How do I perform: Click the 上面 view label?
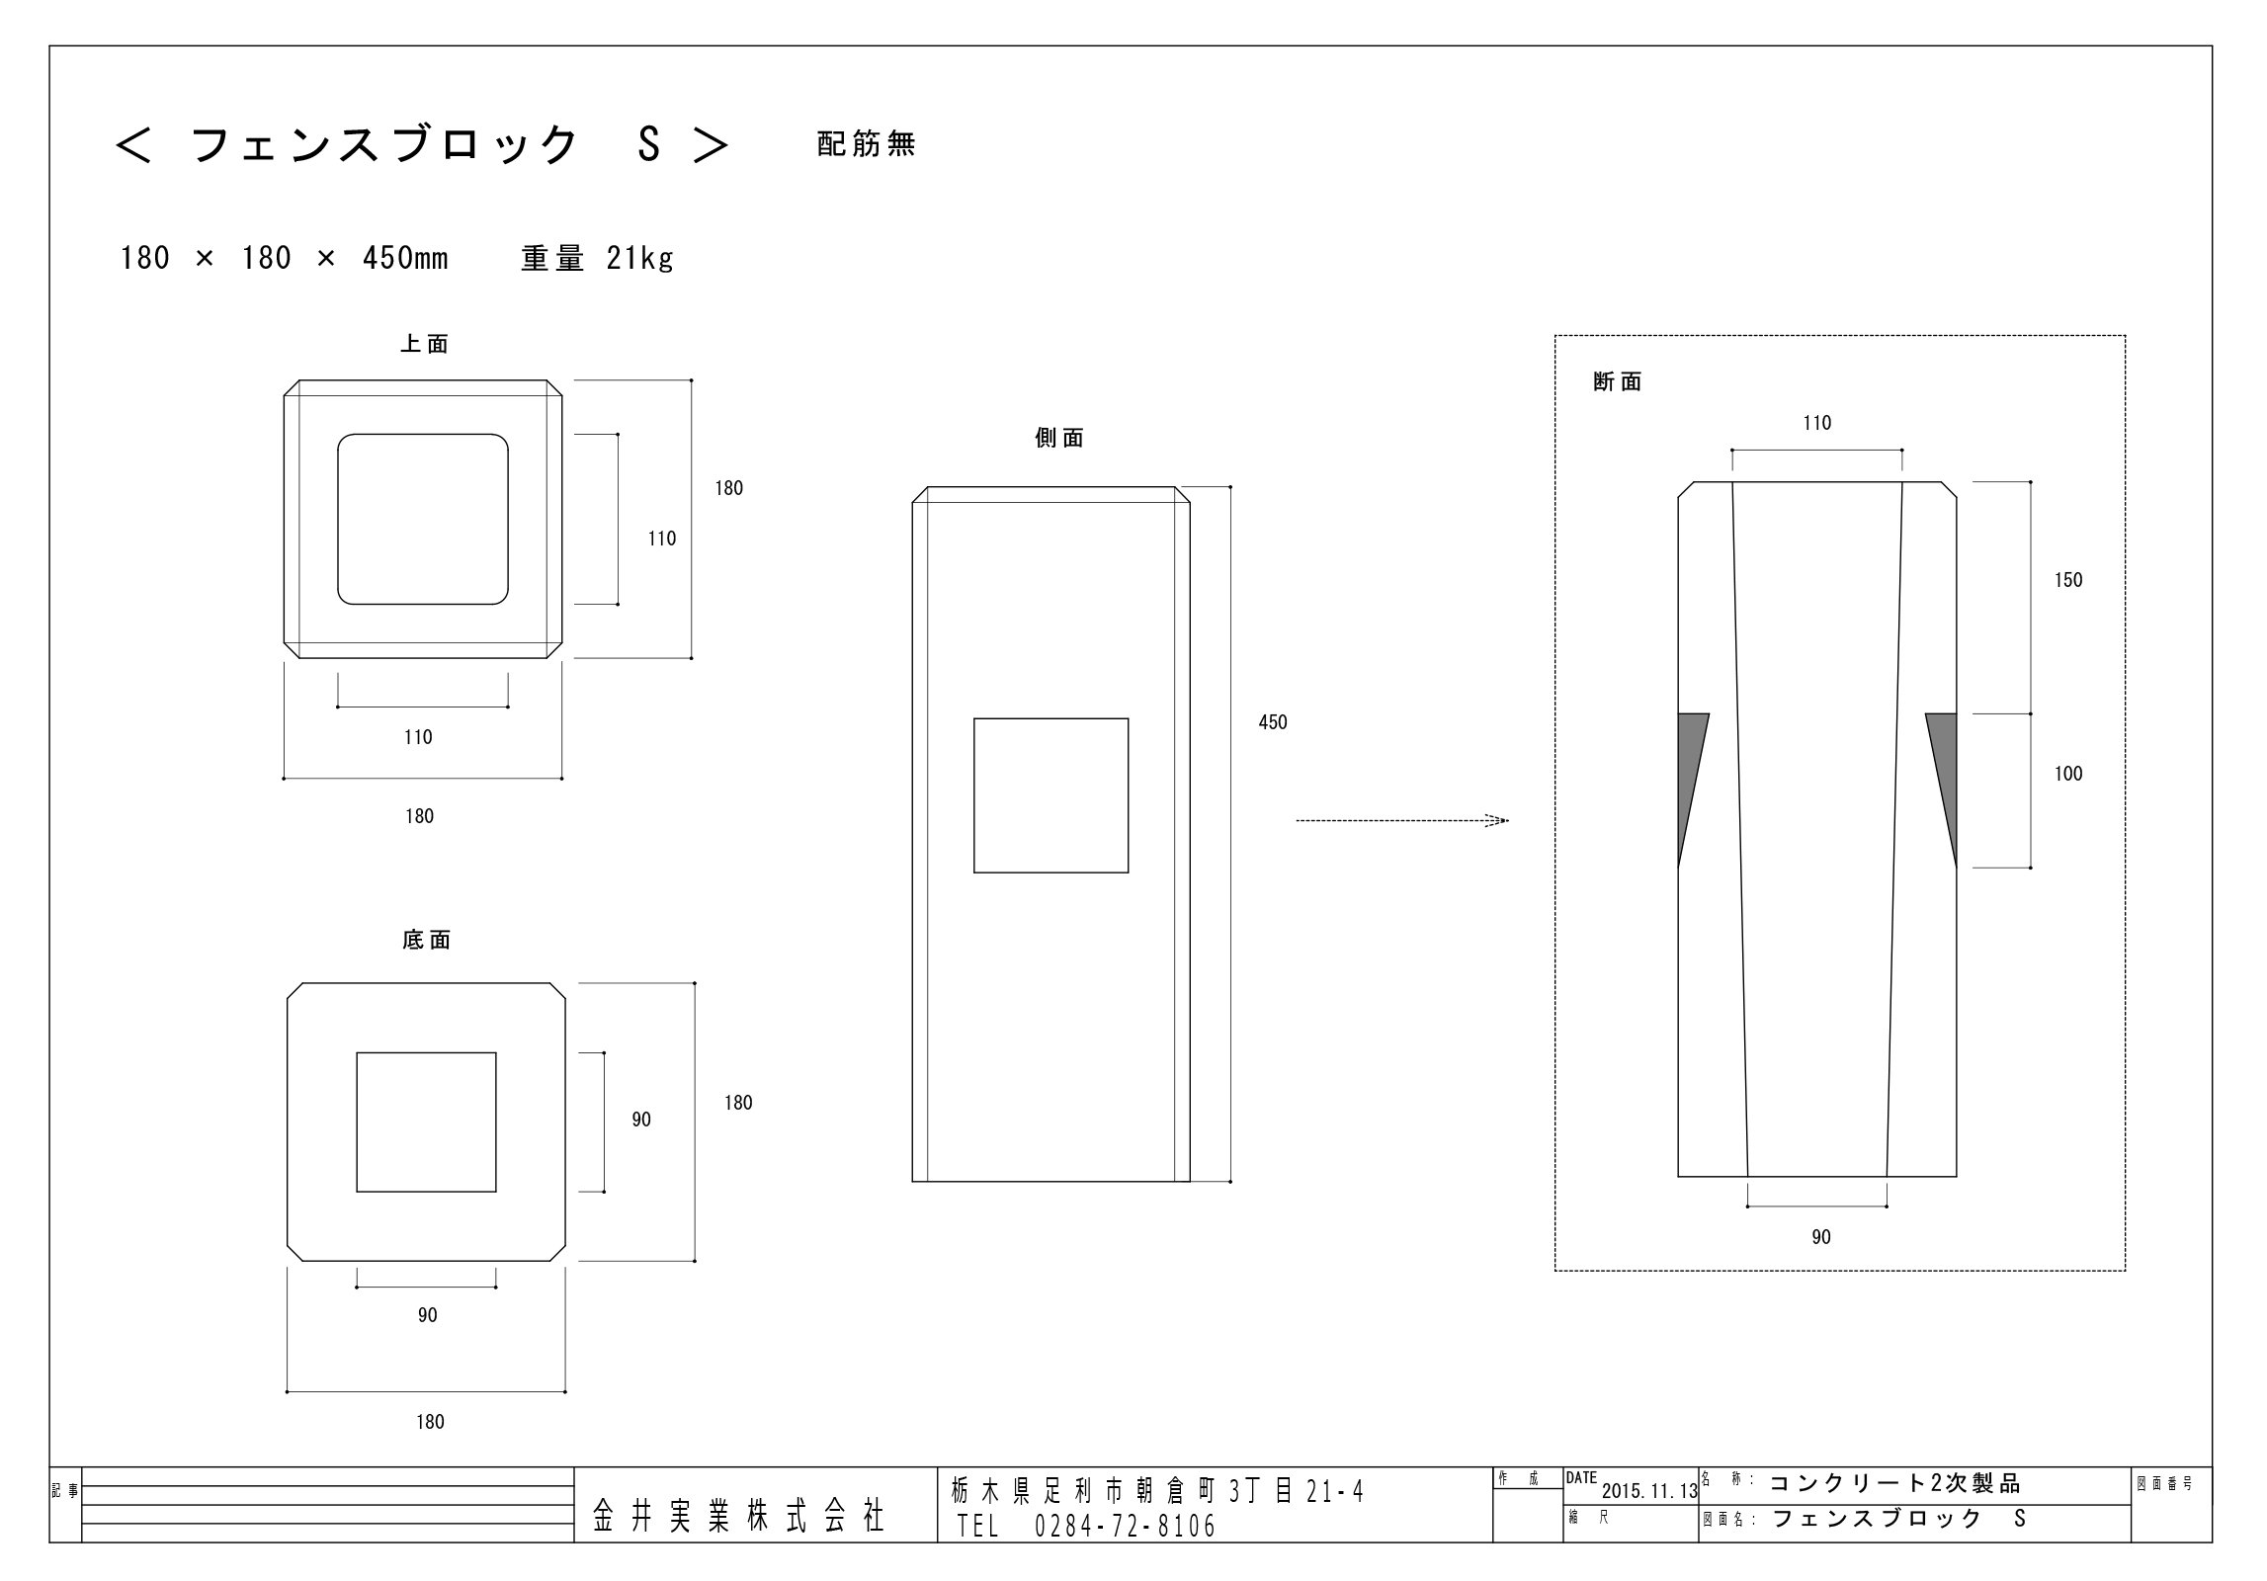click(424, 344)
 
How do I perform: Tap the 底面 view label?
click(427, 941)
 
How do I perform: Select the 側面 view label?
click(1059, 439)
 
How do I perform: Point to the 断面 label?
click(1618, 382)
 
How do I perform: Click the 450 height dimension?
click(1273, 722)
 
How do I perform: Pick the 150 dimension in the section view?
click(2068, 580)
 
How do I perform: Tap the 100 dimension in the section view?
click(2068, 774)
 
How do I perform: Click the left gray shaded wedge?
click(1689, 766)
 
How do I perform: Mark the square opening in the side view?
click(1050, 795)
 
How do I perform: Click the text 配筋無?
click(867, 145)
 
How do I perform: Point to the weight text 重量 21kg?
click(597, 259)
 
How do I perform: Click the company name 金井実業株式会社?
click(738, 1515)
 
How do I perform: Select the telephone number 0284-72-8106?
click(1125, 1528)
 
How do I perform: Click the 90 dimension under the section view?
click(1821, 1237)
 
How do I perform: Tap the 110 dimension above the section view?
click(1816, 423)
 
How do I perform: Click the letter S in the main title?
click(648, 145)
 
